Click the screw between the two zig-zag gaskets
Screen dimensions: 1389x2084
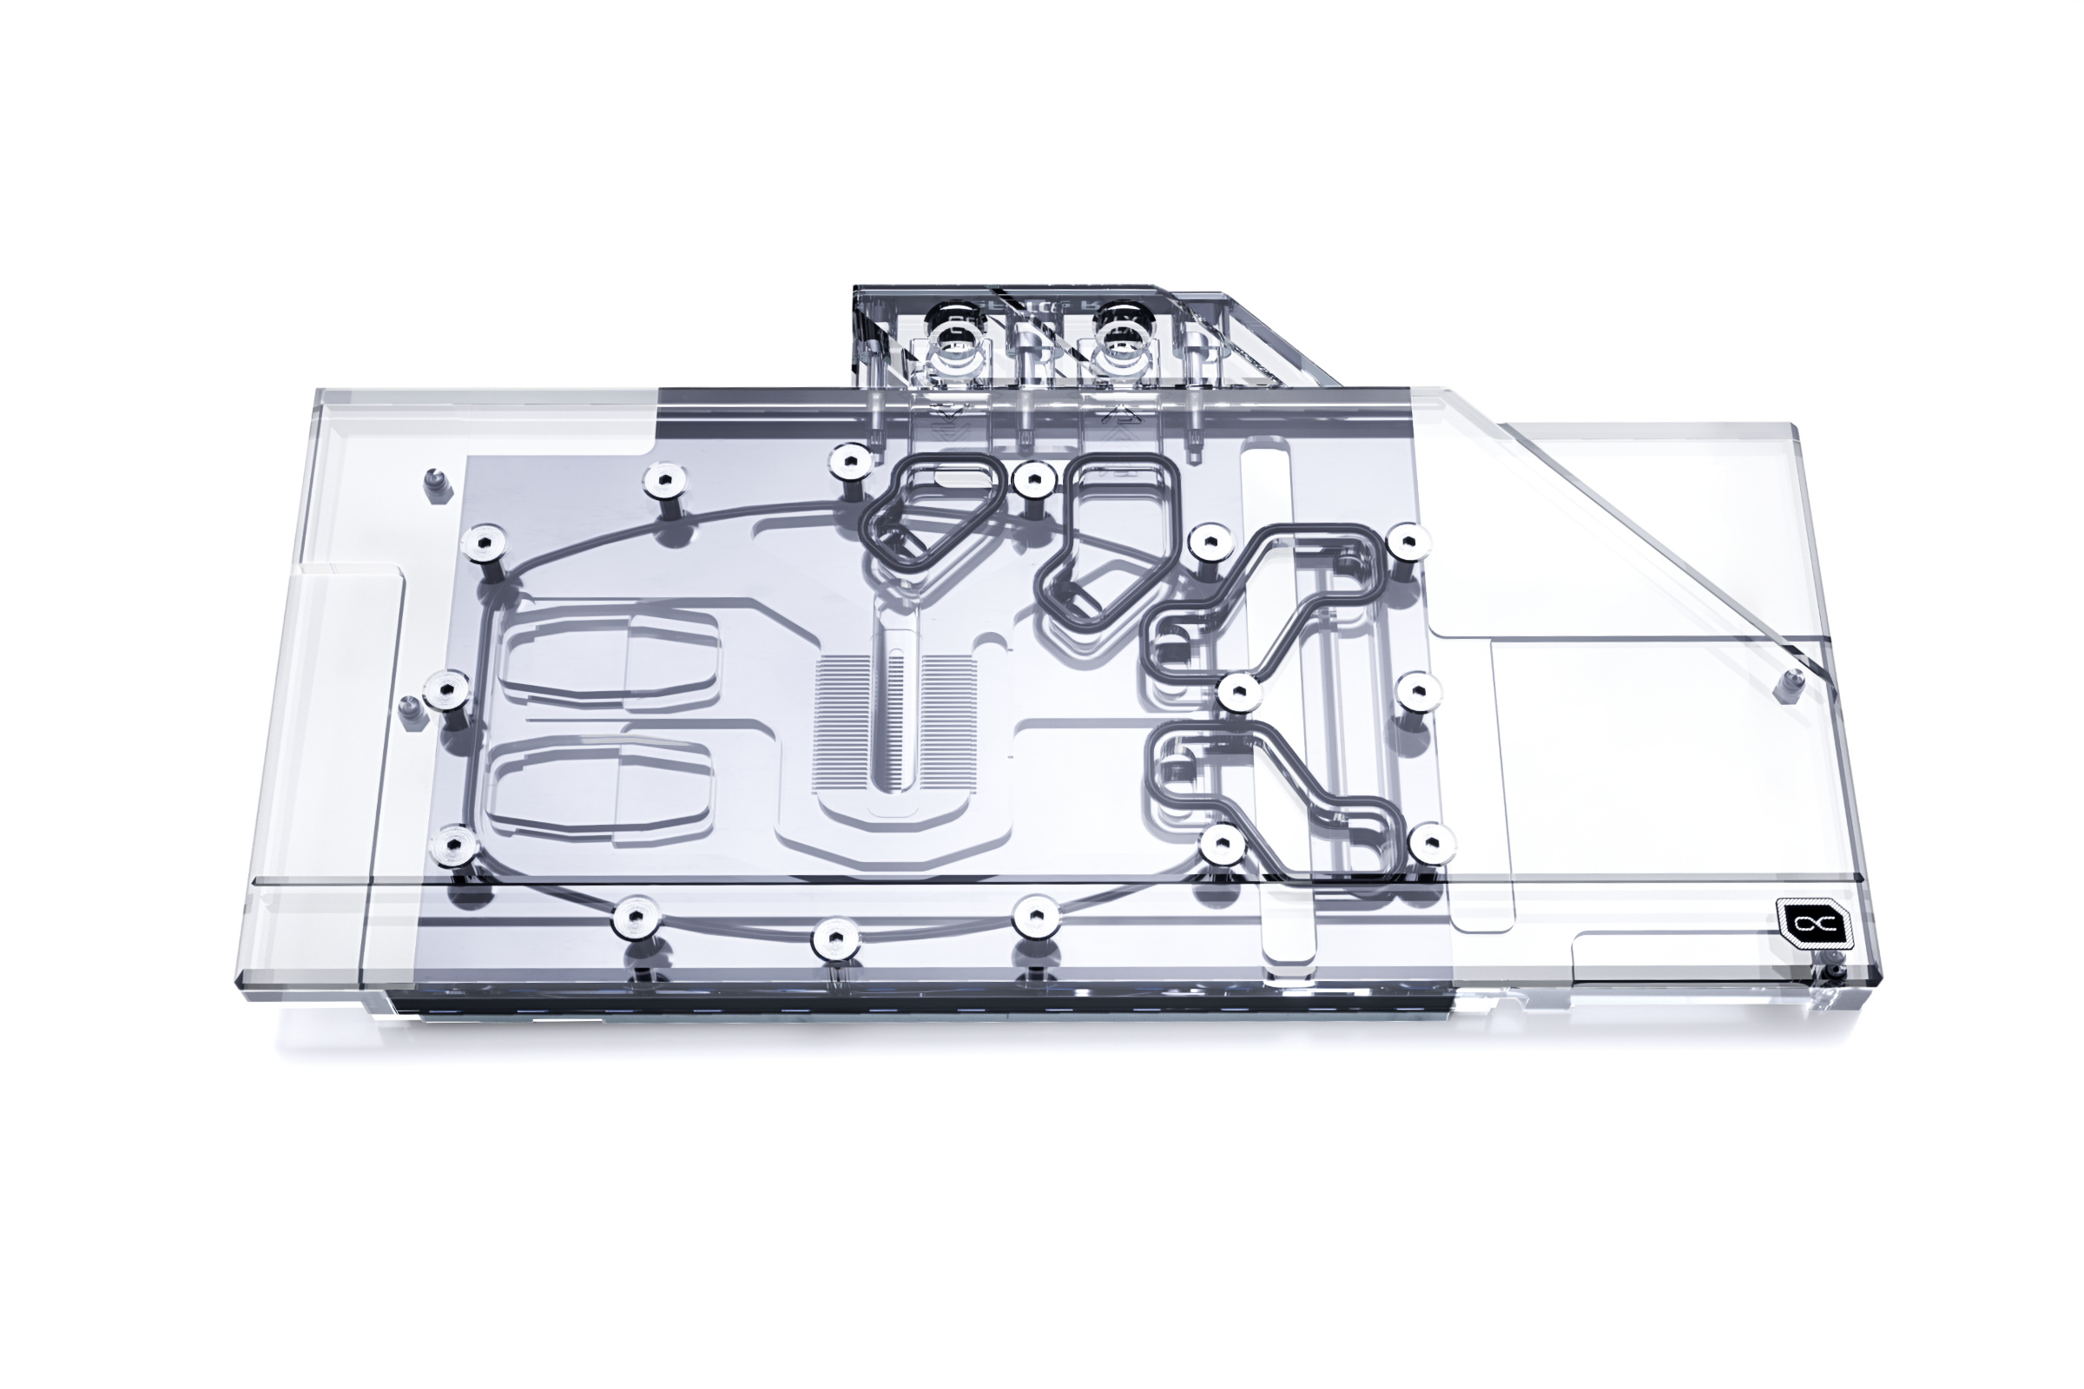pos(1238,691)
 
